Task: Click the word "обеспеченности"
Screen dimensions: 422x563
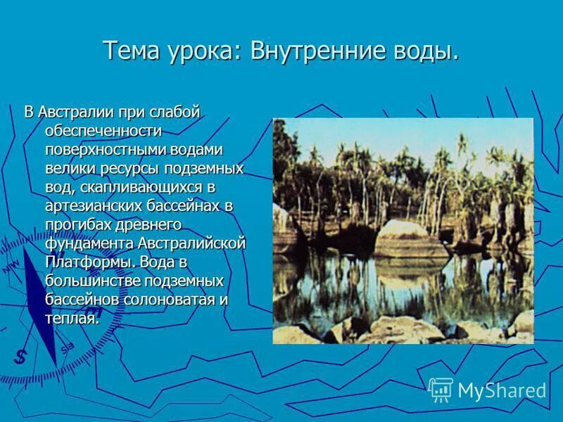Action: tap(103, 131)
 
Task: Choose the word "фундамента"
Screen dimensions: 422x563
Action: tap(85, 243)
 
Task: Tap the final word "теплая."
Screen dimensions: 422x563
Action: tap(72, 319)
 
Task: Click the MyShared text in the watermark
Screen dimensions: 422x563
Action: tap(502, 391)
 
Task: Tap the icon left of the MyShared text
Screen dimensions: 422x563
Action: tap(441, 390)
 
